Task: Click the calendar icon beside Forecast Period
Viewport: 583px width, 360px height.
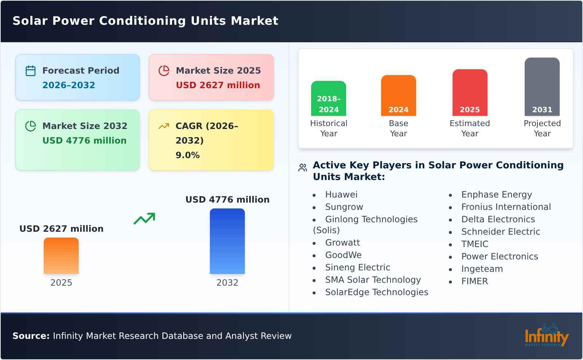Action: click(x=31, y=71)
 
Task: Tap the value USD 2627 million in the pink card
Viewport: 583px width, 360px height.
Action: click(x=218, y=85)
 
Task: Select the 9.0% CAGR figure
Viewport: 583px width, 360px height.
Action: click(x=187, y=155)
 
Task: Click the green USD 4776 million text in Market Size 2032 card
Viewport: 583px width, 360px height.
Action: click(x=85, y=141)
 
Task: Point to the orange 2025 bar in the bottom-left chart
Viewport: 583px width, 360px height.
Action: click(x=61, y=256)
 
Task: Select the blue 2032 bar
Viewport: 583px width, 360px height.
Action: click(x=227, y=241)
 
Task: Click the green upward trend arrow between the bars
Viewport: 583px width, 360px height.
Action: click(x=144, y=219)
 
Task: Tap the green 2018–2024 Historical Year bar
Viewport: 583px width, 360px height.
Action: click(x=329, y=98)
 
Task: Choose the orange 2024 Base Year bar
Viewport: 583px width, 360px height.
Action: click(x=399, y=95)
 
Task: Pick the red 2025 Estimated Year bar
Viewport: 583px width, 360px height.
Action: click(x=470, y=93)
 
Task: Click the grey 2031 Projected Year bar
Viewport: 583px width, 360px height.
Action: click(x=542, y=87)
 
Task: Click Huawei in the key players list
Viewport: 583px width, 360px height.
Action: click(x=341, y=195)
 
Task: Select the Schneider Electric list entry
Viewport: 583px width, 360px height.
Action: click(x=501, y=232)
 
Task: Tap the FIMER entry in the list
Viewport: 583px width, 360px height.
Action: click(x=474, y=281)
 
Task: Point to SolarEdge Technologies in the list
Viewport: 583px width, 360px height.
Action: click(x=376, y=292)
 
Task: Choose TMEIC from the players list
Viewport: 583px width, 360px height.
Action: click(x=474, y=244)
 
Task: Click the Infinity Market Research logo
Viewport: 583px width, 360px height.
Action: click(x=546, y=335)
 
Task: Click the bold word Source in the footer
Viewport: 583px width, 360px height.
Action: click(x=31, y=336)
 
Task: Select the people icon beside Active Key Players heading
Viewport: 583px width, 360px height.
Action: click(x=302, y=168)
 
